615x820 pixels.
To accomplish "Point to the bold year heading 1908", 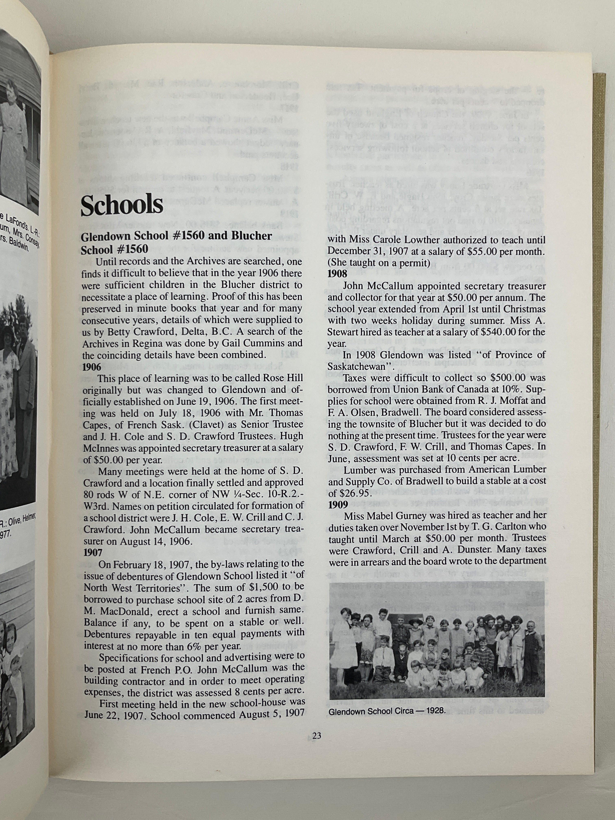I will click(x=337, y=274).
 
